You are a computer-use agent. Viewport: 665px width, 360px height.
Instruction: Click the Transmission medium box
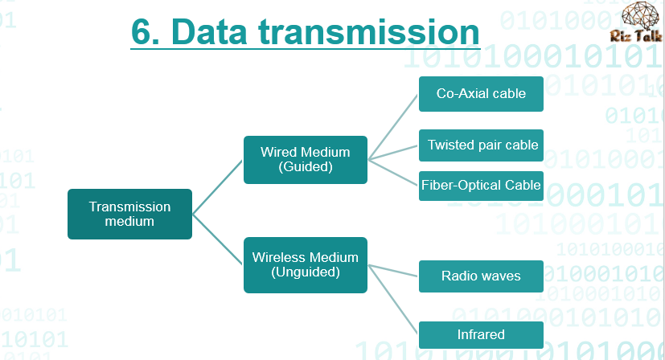(x=129, y=214)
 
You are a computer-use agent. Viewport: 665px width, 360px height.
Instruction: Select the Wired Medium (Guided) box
(x=306, y=160)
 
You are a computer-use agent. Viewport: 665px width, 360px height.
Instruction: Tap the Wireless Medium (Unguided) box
(x=306, y=265)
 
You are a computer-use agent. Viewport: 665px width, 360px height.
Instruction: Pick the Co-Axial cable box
(x=481, y=94)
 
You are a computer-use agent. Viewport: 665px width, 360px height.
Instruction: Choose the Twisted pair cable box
(x=481, y=145)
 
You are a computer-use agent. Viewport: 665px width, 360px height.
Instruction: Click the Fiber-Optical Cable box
(x=481, y=186)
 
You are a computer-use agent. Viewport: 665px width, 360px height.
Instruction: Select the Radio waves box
(x=481, y=276)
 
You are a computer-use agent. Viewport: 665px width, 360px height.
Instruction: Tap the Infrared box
(x=481, y=335)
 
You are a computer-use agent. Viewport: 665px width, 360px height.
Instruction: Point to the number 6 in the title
(x=142, y=32)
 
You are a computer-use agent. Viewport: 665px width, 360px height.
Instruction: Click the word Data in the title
(x=209, y=32)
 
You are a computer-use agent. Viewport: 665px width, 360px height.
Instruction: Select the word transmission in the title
(x=369, y=32)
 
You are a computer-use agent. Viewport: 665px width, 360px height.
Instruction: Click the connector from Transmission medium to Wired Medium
(x=218, y=187)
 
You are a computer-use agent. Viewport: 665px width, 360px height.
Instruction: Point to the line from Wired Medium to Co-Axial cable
(x=393, y=127)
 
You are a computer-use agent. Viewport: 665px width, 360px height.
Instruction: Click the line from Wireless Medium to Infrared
(x=393, y=300)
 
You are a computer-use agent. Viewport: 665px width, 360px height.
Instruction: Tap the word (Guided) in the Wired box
(x=306, y=167)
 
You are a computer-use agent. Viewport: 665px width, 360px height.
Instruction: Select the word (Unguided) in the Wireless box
(x=306, y=272)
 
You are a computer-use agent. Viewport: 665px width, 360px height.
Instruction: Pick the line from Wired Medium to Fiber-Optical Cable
(x=393, y=173)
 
